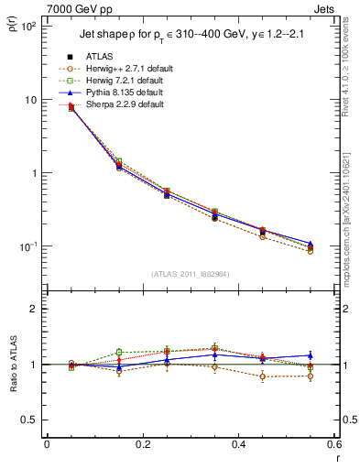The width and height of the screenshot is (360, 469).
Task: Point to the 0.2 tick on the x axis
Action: [x=142, y=446]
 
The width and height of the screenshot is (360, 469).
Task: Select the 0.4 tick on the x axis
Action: [x=237, y=446]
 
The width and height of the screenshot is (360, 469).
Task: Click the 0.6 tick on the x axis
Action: [x=332, y=446]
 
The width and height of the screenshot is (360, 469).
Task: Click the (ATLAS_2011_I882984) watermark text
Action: [x=191, y=273]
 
